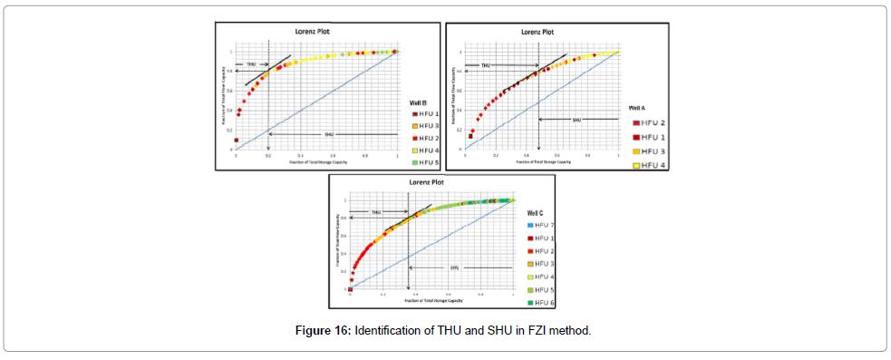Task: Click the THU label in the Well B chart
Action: pyautogui.click(x=251, y=64)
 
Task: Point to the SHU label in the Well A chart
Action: pyautogui.click(x=576, y=119)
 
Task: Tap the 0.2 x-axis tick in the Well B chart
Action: pyautogui.click(x=268, y=155)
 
